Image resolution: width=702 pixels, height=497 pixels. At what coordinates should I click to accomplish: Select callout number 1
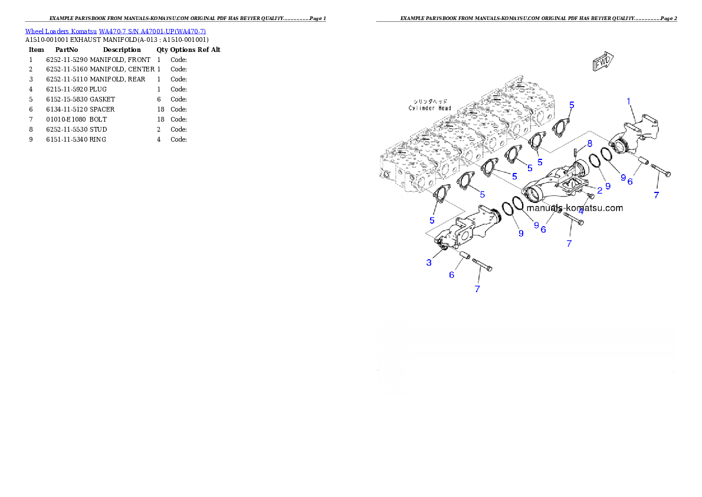coord(629,102)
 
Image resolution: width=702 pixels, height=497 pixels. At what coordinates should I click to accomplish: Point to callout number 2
coord(599,189)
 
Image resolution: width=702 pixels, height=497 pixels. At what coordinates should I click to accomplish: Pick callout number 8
coord(589,143)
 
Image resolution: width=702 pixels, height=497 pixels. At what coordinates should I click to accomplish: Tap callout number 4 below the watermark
coord(581,210)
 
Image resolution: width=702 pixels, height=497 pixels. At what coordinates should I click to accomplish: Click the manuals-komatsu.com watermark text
coord(574,208)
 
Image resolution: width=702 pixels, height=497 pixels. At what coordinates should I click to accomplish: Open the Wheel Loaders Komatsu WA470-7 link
coord(115,31)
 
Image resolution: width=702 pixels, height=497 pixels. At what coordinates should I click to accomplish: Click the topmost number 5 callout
coord(571,104)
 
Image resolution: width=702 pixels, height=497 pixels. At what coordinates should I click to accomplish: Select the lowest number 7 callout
coord(477,289)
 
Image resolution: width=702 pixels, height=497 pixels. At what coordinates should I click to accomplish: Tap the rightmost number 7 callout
coord(656,194)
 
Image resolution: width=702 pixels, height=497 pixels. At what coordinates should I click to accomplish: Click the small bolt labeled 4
coord(589,196)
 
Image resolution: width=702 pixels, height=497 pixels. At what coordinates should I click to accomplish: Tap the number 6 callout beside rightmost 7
coord(629,182)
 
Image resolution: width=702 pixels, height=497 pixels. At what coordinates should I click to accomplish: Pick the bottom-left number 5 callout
coord(432,220)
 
